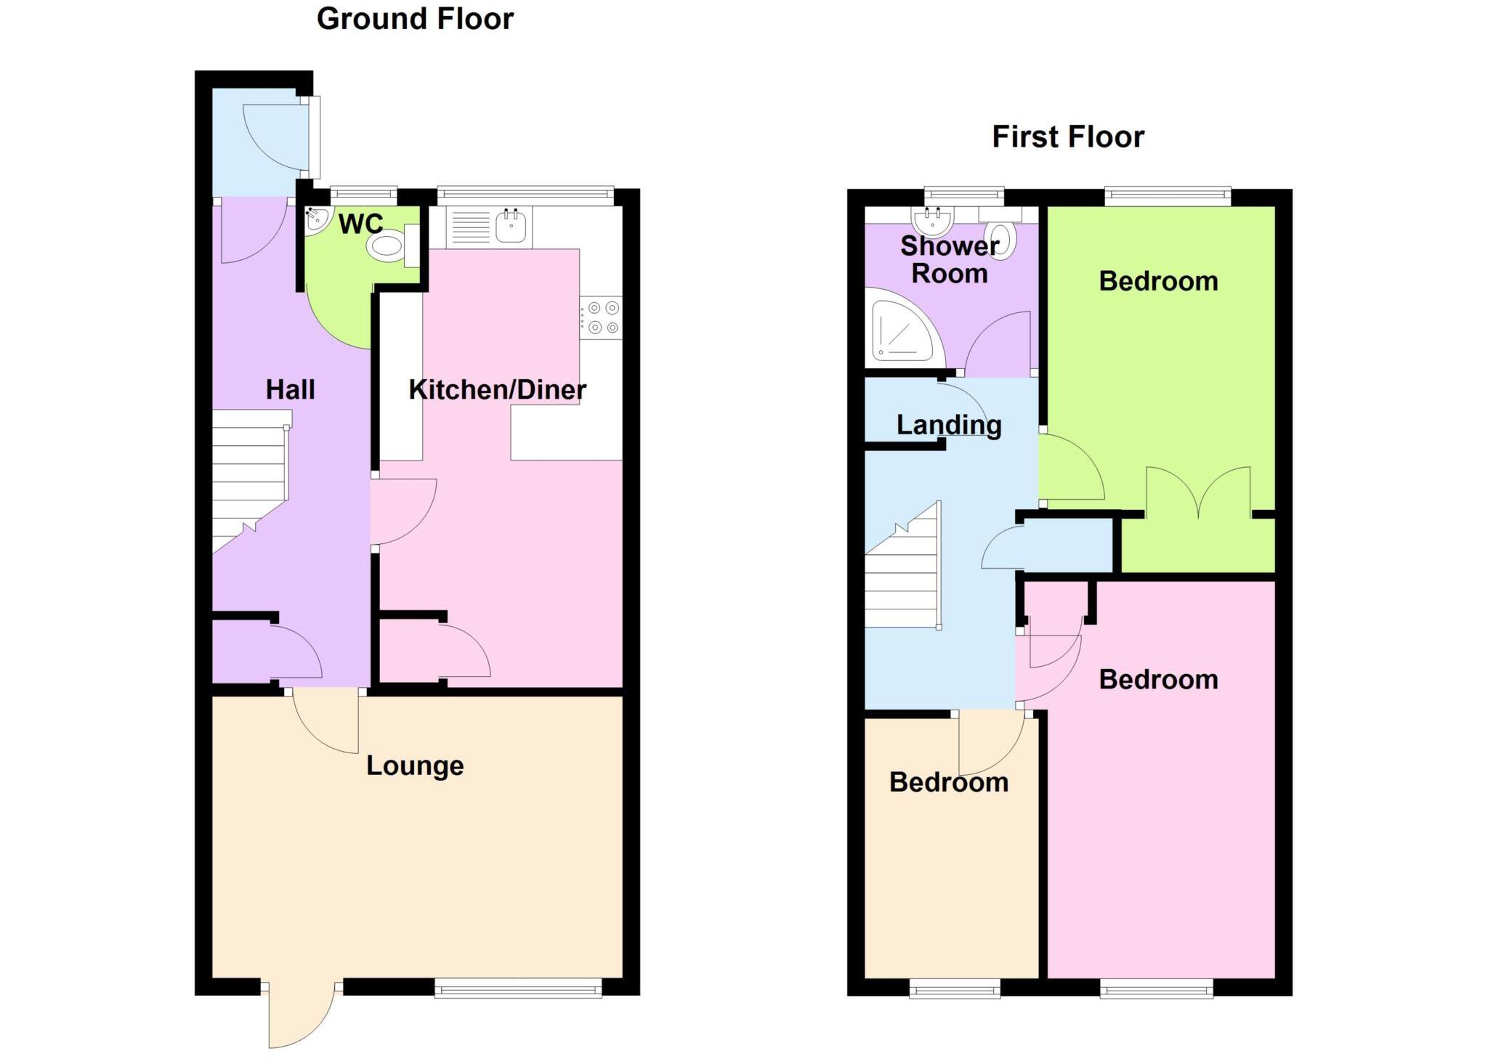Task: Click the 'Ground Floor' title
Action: point(415,19)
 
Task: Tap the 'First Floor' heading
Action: point(1067,137)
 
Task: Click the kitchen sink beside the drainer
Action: point(511,226)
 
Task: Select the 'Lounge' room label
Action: point(415,766)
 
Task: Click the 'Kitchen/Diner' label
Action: point(497,390)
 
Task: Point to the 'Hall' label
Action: point(290,390)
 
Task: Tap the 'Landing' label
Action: point(949,425)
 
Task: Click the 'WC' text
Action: point(360,224)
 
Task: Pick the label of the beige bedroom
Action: point(949,782)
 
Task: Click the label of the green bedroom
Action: point(1158,281)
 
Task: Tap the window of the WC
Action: point(363,194)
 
